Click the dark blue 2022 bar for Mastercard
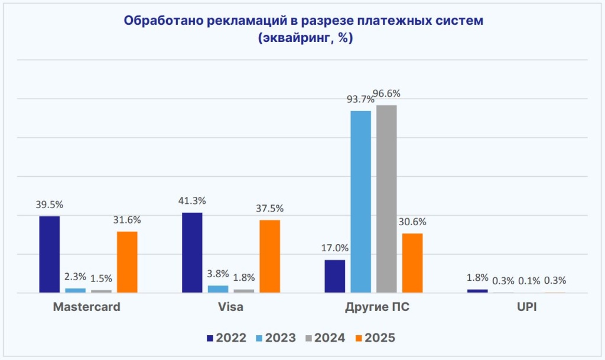(x=49, y=254)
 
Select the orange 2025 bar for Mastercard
(x=127, y=262)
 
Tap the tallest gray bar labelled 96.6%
(x=386, y=199)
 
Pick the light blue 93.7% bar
(x=360, y=202)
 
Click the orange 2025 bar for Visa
(x=269, y=256)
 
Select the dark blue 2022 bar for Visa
(x=192, y=252)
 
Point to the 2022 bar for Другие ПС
(x=335, y=276)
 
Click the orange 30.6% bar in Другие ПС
(x=412, y=263)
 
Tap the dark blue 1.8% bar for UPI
(x=477, y=291)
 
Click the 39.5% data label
(x=49, y=205)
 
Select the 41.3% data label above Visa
(x=192, y=201)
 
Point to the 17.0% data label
(x=334, y=248)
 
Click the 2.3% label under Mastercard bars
(x=75, y=276)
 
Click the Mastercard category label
(x=86, y=308)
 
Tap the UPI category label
(x=516, y=308)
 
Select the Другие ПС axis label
(x=373, y=308)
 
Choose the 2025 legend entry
(x=373, y=338)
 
